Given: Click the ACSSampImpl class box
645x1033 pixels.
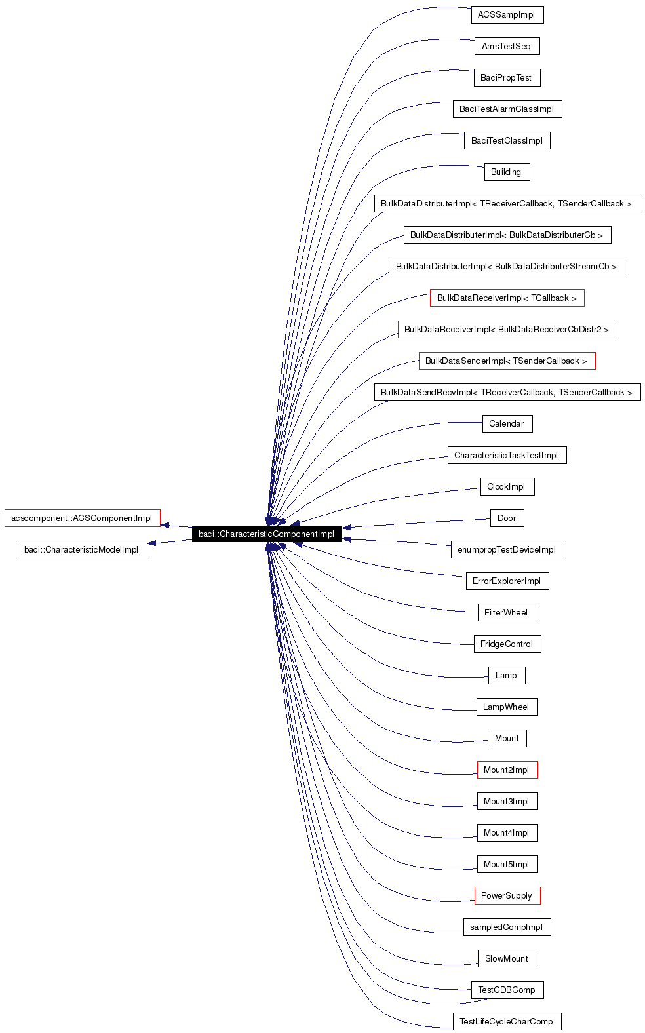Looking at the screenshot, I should pos(507,15).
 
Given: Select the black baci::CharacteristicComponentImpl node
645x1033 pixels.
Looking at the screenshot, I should pos(266,534).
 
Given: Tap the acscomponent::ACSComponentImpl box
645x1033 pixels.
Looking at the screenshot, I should pos(82,518).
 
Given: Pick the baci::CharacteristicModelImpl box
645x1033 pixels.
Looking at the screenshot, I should pos(82,550).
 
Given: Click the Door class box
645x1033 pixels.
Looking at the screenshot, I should pos(507,518).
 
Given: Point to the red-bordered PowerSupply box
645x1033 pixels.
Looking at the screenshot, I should pos(507,896).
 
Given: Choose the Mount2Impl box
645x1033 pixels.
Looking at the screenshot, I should pos(507,770).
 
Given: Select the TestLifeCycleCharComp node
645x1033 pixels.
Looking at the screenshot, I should pos(507,1022).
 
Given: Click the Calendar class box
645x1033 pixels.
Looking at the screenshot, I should pos(507,424).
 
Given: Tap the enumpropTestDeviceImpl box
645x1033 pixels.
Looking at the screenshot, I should pos(507,550).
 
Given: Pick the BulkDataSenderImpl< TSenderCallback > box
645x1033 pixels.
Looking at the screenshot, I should pos(507,361).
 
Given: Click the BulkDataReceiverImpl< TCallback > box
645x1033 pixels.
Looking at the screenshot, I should pos(507,298).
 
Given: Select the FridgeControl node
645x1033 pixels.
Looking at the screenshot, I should pos(507,644).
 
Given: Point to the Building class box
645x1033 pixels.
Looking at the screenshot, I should pos(507,172).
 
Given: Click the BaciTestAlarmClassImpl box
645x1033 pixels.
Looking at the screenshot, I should pos(507,109).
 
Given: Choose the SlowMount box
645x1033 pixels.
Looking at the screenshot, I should pos(507,959).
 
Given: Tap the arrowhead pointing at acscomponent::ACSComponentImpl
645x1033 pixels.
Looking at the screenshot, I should pos(166,525).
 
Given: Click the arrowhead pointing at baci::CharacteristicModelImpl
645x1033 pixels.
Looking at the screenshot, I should pos(153,543).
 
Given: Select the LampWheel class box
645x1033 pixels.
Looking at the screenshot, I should pos(507,707).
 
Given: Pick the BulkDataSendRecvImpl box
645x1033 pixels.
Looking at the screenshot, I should pos(507,393).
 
